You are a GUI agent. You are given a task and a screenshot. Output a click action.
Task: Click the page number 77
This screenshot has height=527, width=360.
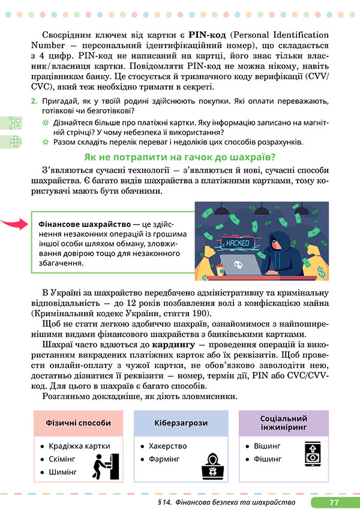pyautogui.click(x=334, y=502)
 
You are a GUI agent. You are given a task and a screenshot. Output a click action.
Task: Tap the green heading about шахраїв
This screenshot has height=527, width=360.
pyautogui.click(x=179, y=157)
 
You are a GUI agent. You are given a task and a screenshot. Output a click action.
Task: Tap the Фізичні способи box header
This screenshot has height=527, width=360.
pyautogui.click(x=79, y=423)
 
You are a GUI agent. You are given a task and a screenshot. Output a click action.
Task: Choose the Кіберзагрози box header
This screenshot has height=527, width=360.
pyautogui.click(x=180, y=423)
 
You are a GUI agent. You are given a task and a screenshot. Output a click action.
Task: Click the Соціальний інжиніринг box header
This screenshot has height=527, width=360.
pyautogui.click(x=284, y=422)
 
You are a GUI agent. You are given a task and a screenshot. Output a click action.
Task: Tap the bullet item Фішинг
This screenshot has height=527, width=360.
pyautogui.click(x=268, y=459)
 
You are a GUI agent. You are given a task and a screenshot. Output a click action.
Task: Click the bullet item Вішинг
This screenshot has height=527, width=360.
pyautogui.click(x=268, y=447)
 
